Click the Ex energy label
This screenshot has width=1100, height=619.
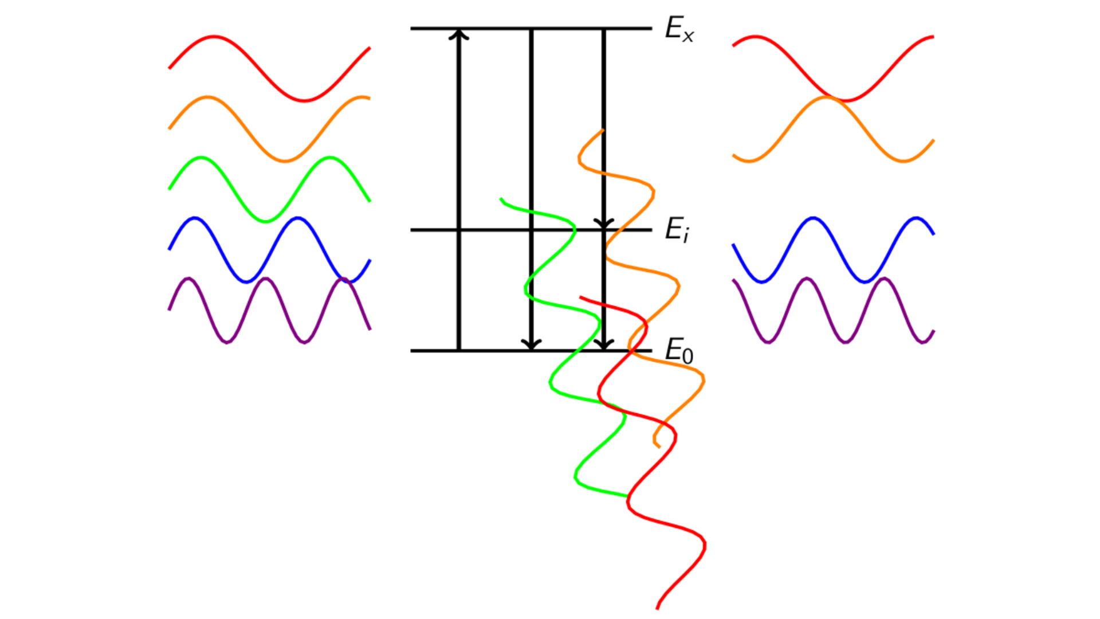tap(679, 29)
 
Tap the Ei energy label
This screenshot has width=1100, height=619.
tap(677, 230)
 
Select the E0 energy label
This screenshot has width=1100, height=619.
tap(679, 351)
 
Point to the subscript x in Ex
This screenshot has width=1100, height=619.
tap(688, 36)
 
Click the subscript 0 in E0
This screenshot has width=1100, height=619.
tap(688, 356)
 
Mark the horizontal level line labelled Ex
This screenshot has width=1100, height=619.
tap(531, 28)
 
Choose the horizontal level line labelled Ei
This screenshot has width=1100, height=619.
tap(531, 230)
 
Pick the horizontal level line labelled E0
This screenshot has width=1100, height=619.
tap(531, 351)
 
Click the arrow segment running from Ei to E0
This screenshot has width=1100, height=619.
tap(604, 291)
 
